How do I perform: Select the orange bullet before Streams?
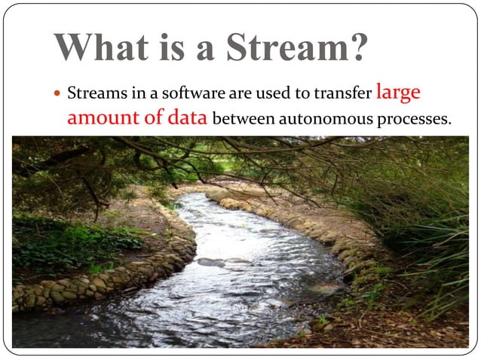[x=57, y=94]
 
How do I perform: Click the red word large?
[x=398, y=93]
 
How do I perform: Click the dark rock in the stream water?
[x=212, y=261]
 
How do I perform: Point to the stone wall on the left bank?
[x=98, y=282]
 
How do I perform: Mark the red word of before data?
[x=155, y=118]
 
